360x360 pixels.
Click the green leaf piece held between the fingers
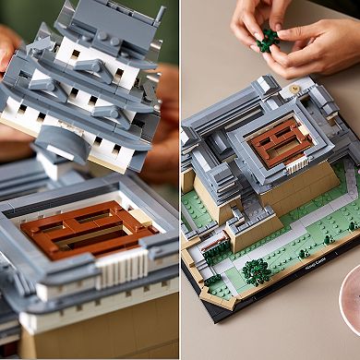(268, 39)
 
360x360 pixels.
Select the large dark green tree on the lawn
(256, 270)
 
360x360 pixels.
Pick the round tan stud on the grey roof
(295, 90)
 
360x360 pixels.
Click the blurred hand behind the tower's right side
(166, 120)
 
